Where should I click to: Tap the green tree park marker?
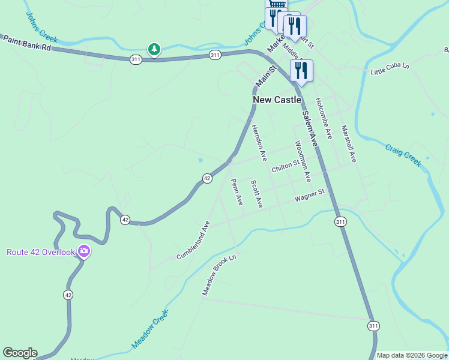154,49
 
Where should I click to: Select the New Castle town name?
277,100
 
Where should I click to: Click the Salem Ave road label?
309,128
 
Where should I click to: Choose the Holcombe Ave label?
324,115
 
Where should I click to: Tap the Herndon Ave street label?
259,143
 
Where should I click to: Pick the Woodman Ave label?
303,161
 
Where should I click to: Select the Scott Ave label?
257,194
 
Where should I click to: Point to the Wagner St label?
309,195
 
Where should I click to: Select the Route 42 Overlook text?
41,252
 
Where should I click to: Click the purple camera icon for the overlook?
84,252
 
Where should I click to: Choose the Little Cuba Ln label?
390,69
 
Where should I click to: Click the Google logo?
20,353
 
